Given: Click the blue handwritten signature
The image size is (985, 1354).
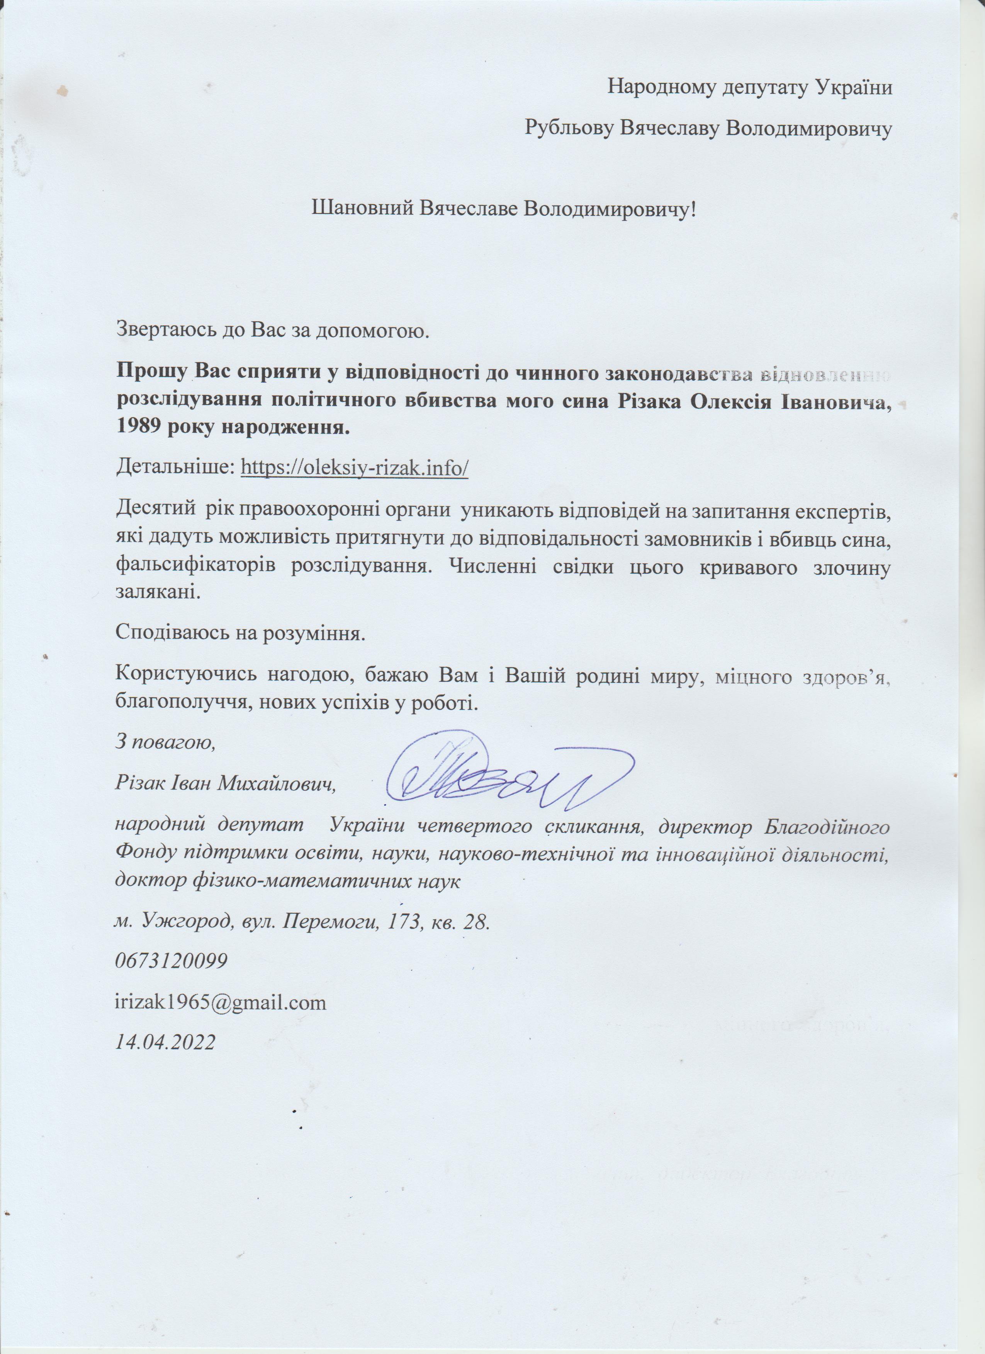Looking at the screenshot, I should tap(508, 776).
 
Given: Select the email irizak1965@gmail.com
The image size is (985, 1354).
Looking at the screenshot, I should tap(221, 1002).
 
